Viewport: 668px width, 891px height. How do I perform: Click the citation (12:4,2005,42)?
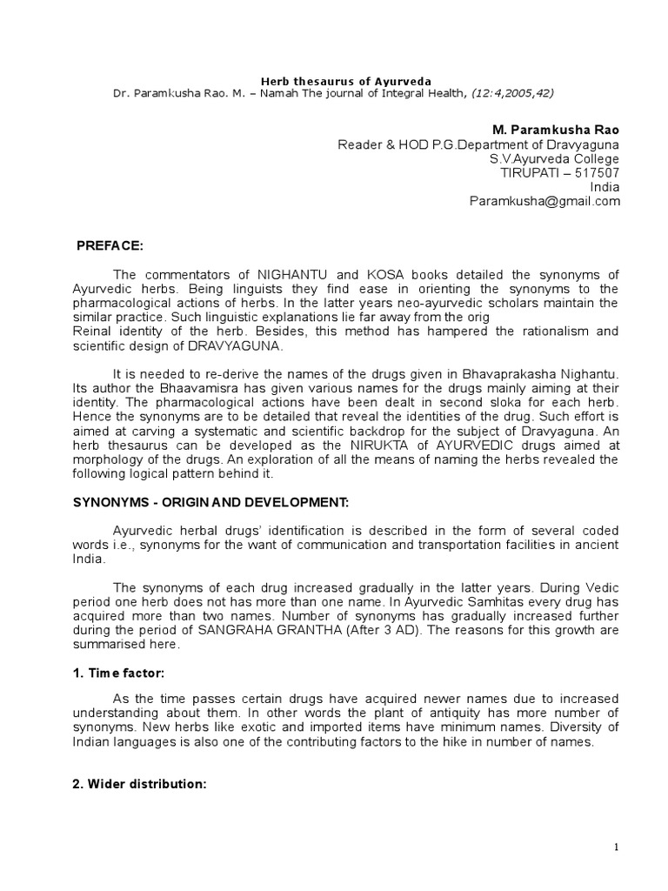[x=514, y=92]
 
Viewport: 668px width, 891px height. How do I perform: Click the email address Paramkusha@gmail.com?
[x=544, y=201]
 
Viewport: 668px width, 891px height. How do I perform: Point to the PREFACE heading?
[x=109, y=246]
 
